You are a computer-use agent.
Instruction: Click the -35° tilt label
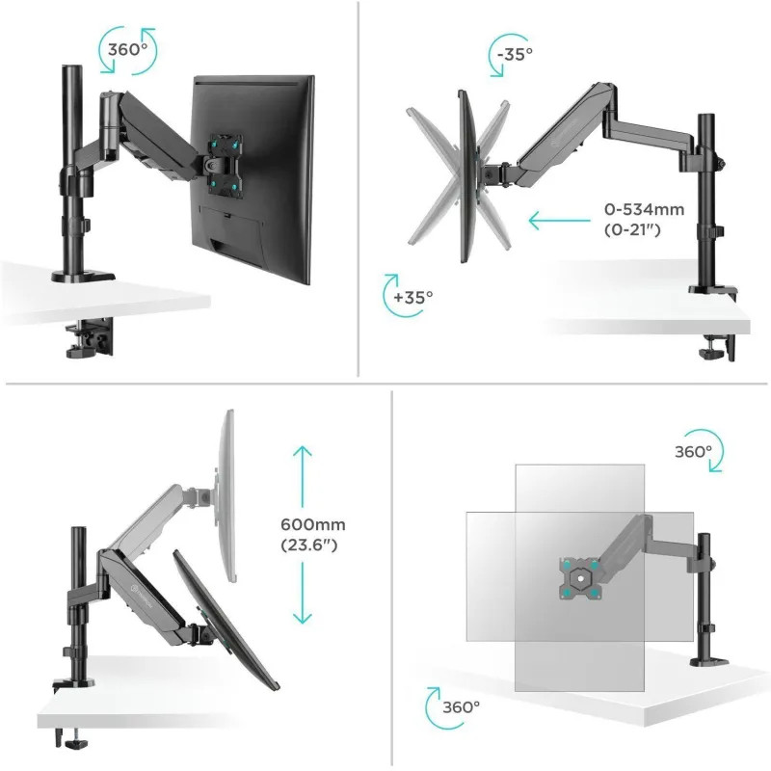(515, 54)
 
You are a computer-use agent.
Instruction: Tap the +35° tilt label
(413, 297)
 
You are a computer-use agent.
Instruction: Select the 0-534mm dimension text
(644, 209)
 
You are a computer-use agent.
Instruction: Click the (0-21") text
(632, 229)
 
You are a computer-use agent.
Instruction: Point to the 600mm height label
(313, 524)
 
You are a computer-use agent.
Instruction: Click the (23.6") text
(309, 545)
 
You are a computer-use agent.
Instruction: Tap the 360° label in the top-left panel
(127, 50)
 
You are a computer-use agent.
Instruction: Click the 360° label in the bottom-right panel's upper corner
(693, 452)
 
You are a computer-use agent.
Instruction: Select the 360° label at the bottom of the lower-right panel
(462, 707)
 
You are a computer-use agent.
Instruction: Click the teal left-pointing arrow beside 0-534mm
(559, 220)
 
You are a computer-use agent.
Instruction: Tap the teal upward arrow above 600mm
(303, 476)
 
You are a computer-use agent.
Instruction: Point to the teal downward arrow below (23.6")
(303, 594)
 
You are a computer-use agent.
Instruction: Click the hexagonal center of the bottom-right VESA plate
(581, 578)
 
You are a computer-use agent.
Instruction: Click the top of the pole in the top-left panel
(71, 67)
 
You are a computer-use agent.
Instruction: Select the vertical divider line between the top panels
(359, 189)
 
